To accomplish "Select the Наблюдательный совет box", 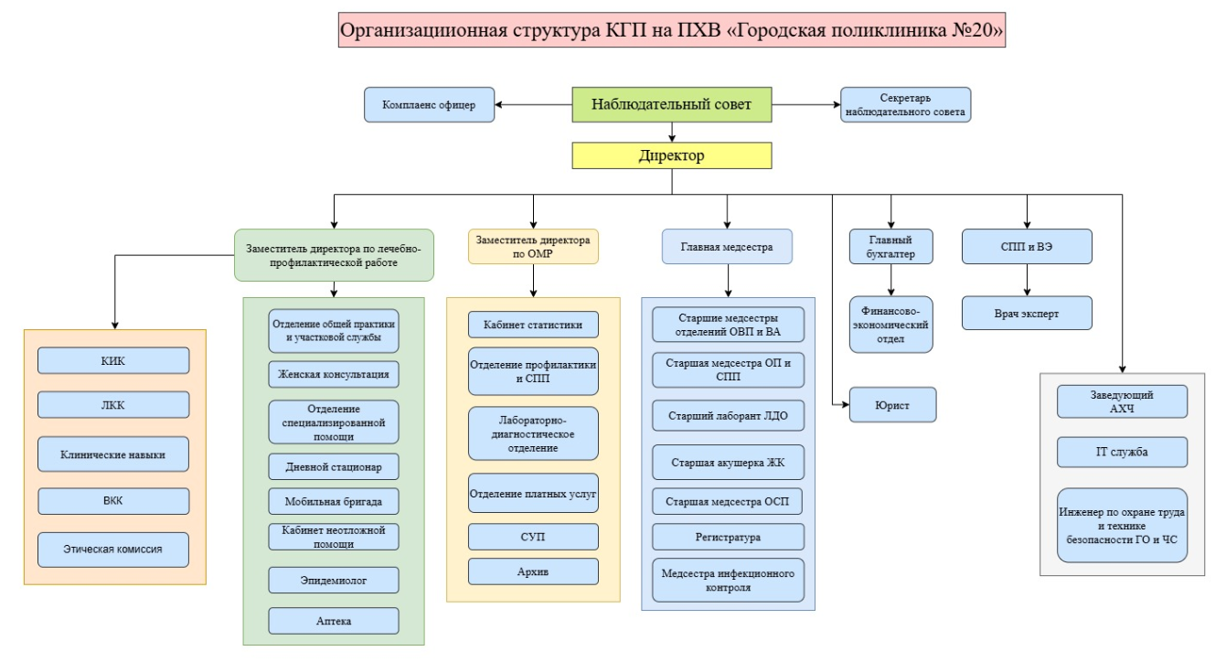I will pos(671,104).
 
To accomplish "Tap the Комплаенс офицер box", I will pos(428,104).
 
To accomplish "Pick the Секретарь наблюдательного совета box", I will pos(904,105).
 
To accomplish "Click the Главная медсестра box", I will pos(727,247).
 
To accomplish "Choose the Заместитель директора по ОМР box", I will pos(533,247).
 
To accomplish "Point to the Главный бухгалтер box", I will pos(891,247).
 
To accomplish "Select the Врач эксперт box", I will pos(1027,313).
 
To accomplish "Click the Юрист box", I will pos(892,403).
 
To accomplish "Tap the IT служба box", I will pos(1121,452).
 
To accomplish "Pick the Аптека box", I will pos(334,621).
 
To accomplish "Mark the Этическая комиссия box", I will pos(113,550).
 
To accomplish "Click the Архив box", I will pos(533,571).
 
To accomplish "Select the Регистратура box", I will pos(728,537).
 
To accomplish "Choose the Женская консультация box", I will pos(334,374).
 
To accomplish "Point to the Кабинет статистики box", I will pos(533,325).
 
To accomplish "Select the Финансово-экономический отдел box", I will pos(891,323).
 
